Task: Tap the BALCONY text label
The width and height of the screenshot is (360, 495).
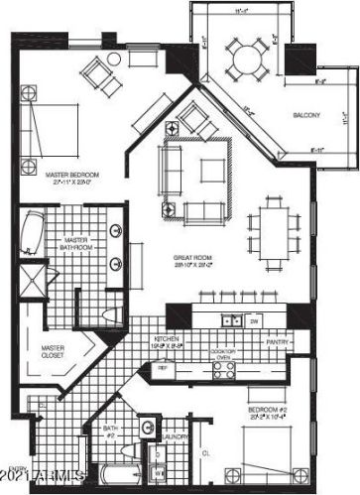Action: (306, 116)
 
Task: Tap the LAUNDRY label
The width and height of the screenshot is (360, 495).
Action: (178, 435)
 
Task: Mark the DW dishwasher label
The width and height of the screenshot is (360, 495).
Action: (254, 321)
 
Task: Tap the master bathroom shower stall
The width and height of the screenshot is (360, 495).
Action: (33, 278)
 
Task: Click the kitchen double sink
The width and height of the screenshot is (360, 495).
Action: (231, 320)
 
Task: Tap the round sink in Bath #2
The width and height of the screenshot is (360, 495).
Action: (146, 428)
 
